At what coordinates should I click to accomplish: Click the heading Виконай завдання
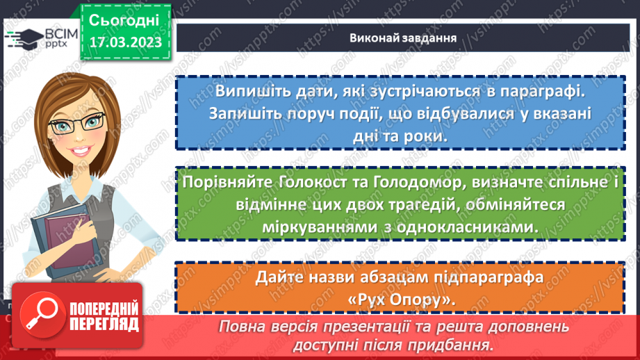pyautogui.click(x=403, y=38)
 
